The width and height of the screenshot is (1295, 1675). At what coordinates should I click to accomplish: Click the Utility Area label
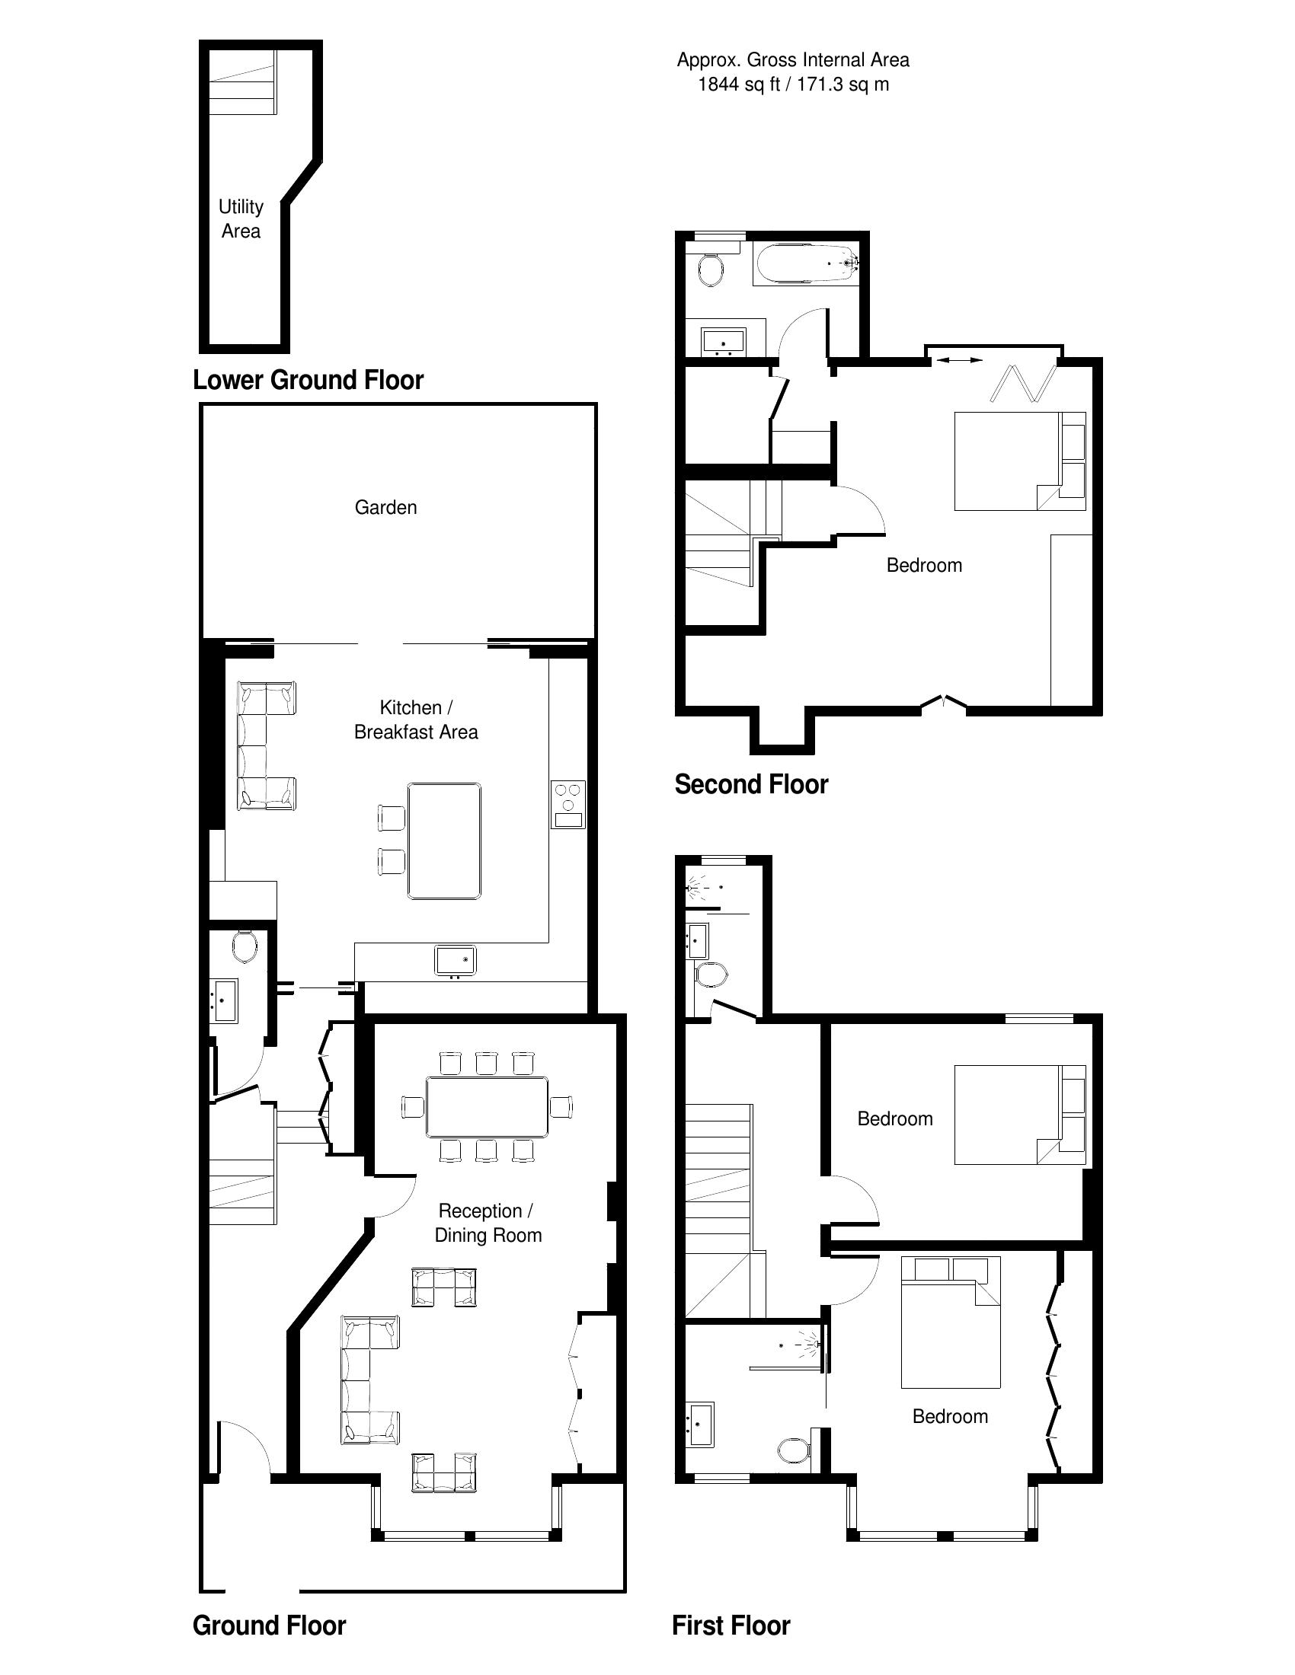[x=241, y=219]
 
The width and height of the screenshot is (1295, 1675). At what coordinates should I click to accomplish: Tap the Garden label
[x=386, y=507]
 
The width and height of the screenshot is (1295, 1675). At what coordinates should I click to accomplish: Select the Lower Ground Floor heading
[x=308, y=380]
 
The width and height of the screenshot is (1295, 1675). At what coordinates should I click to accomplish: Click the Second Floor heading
[x=751, y=784]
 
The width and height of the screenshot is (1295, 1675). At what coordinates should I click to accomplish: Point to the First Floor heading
[x=731, y=1626]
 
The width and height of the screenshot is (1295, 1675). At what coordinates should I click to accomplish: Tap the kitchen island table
[x=445, y=841]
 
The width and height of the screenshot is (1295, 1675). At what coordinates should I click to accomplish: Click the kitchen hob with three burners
[x=568, y=804]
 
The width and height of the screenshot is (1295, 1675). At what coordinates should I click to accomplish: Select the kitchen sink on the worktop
[x=456, y=961]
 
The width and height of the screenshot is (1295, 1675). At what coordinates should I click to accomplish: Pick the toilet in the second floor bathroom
[x=711, y=270]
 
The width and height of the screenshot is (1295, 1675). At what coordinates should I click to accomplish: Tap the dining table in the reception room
[x=488, y=1107]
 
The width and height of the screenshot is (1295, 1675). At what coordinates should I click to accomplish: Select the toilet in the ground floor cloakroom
[x=245, y=946]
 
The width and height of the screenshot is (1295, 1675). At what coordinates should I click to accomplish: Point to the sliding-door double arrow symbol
[x=959, y=359]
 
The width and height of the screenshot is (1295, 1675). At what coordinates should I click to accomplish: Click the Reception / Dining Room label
[x=488, y=1223]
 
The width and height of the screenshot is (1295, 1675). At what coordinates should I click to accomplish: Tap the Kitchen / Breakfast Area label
[x=416, y=719]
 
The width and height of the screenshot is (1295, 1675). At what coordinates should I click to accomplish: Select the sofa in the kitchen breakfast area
[x=265, y=745]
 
